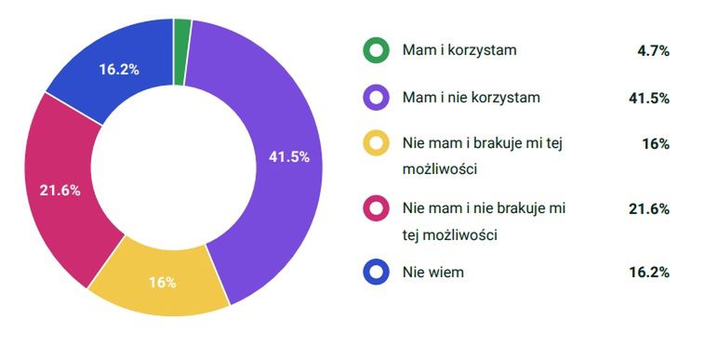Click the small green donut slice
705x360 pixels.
click(x=182, y=32)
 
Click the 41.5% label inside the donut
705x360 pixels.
click(x=288, y=156)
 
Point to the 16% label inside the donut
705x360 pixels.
click(x=162, y=282)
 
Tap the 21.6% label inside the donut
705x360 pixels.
click(x=60, y=190)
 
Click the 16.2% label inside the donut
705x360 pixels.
click(x=119, y=70)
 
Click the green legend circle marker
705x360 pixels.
click(x=376, y=51)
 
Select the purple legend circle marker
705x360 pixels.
click(x=376, y=97)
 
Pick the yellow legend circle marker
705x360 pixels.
click(x=376, y=143)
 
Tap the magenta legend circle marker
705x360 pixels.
click(x=376, y=207)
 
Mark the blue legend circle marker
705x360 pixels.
click(x=376, y=272)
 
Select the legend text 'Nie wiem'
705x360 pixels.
click(x=432, y=272)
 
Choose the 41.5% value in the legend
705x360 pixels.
click(x=650, y=98)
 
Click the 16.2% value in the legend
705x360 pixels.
click(x=650, y=273)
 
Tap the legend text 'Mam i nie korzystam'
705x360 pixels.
click(x=471, y=97)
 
